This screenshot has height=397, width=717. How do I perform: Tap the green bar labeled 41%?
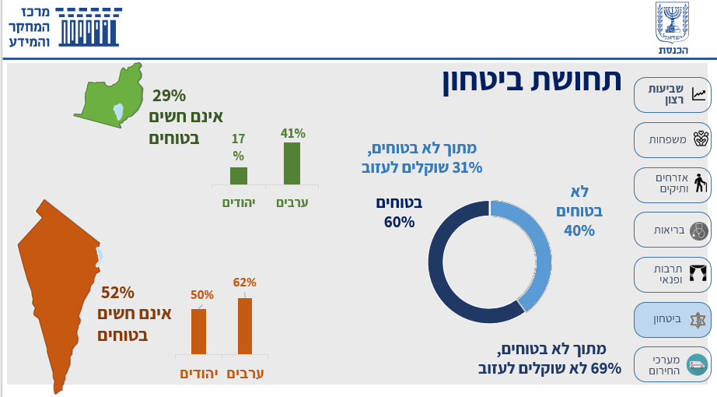292,163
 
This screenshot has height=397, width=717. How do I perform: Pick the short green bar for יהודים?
239,176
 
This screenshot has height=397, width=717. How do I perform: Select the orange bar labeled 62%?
245,325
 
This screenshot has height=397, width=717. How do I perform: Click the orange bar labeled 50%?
199,331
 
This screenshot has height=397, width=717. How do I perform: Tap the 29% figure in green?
169,96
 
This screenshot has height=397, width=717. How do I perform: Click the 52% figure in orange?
117,293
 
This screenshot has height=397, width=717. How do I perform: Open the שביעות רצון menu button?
672,95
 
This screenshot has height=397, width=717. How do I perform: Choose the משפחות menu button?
672,140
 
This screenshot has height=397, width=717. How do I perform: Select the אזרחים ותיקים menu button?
672,184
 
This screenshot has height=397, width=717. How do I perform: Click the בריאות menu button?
672,230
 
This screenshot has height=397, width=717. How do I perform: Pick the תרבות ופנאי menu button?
672,274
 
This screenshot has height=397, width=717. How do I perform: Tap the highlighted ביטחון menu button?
672,319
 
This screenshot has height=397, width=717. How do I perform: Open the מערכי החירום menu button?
672,364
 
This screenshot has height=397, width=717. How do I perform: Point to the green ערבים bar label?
292,202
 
